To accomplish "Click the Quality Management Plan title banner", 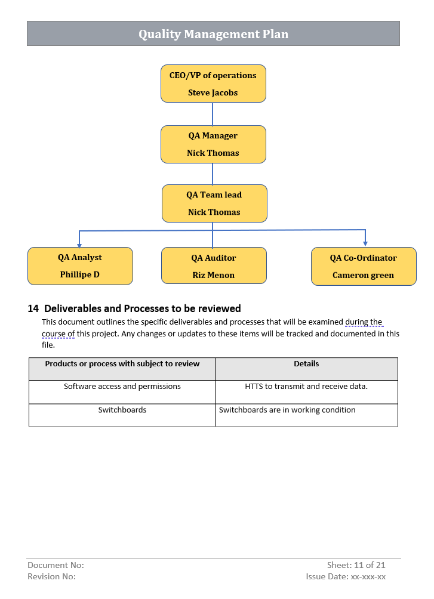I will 213,34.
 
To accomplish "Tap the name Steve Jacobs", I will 213,93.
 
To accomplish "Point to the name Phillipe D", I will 80,275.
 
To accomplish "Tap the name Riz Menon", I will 214,275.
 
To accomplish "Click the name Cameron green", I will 364,275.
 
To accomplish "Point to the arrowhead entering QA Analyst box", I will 79,244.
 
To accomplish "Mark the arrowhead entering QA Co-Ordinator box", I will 365,243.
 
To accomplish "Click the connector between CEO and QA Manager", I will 213,114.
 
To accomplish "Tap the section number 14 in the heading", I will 33,308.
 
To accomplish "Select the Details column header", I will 306,364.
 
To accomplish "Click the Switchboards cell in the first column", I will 122,410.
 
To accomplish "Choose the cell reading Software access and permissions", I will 122,387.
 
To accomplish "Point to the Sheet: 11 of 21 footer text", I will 356,565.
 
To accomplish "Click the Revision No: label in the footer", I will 52,577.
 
